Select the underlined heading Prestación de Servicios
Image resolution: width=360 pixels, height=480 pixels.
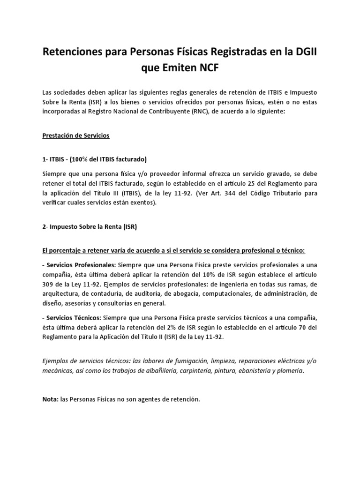coord(76,135)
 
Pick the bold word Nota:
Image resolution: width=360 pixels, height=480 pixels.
coord(50,399)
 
